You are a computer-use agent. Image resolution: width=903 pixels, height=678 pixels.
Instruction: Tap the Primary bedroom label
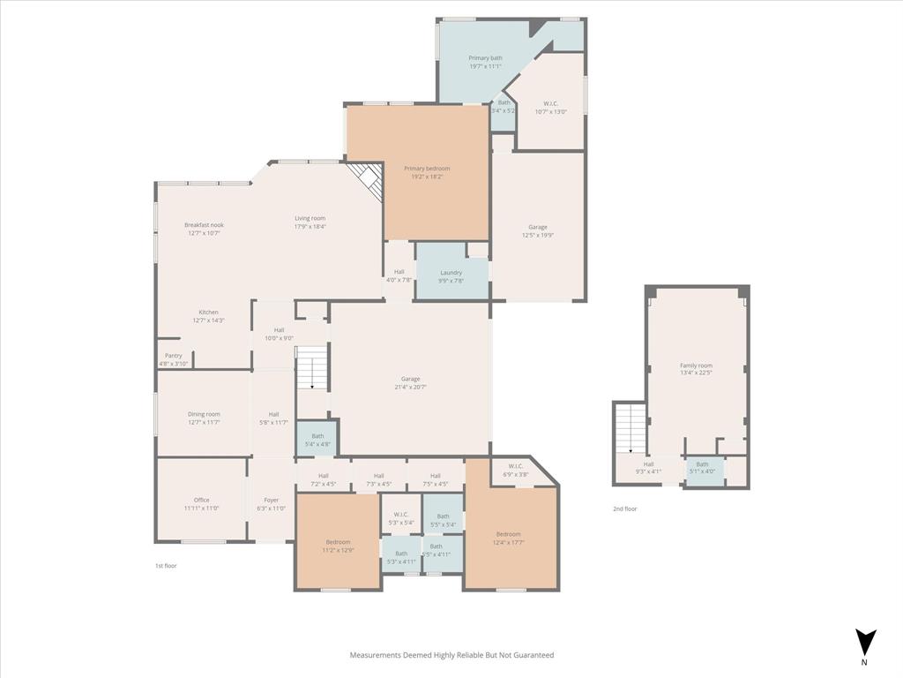[427, 169]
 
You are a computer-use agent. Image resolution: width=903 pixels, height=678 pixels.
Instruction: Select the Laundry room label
[451, 273]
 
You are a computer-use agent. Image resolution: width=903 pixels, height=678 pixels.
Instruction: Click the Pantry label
[173, 356]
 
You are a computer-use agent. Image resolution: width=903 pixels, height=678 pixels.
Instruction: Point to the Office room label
[201, 500]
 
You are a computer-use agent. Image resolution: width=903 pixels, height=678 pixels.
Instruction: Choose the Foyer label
[271, 500]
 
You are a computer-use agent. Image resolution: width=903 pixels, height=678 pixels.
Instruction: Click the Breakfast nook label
[204, 225]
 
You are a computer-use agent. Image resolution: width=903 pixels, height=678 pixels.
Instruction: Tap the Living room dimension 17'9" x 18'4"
[310, 227]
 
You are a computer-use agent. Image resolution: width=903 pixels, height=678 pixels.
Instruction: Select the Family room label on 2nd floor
[696, 365]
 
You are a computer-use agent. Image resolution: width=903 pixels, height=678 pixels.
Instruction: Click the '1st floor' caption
[165, 565]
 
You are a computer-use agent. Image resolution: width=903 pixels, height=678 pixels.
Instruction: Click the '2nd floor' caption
[624, 508]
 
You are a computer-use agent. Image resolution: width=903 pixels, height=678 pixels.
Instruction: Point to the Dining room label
[204, 414]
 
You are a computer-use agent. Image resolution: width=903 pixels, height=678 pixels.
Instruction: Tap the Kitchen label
[208, 313]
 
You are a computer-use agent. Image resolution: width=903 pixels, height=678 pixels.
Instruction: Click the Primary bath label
[485, 58]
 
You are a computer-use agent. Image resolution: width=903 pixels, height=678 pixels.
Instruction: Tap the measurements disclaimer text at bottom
[451, 655]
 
